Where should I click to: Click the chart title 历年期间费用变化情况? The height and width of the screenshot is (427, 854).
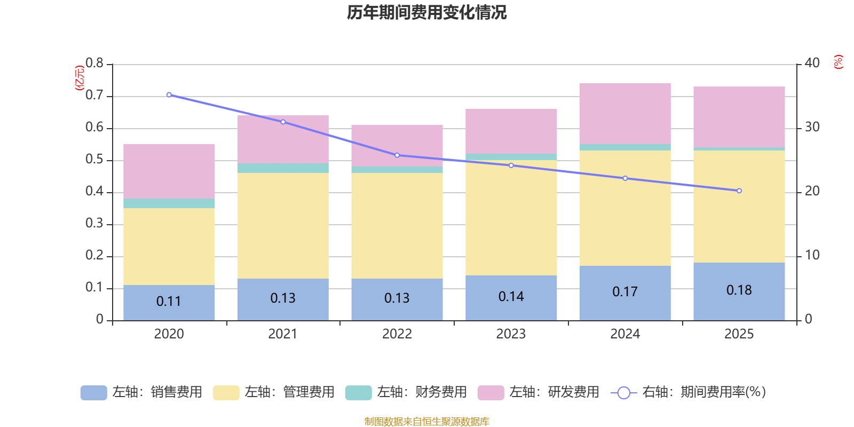click(x=426, y=12)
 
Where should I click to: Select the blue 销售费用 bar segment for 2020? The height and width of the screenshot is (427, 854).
click(x=169, y=302)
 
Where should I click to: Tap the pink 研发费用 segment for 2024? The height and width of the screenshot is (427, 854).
click(x=624, y=113)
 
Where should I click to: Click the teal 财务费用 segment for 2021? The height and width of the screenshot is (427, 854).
click(x=282, y=168)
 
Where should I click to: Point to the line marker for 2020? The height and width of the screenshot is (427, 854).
click(x=169, y=94)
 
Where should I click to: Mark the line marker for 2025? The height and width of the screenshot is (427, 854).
click(x=739, y=191)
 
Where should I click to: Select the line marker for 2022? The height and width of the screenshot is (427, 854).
click(x=397, y=155)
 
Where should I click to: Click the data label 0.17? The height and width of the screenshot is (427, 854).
click(x=624, y=292)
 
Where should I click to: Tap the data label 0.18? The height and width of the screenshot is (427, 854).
click(x=739, y=290)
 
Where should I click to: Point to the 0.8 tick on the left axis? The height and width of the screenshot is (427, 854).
click(x=94, y=64)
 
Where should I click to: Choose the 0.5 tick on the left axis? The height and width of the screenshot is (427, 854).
click(x=94, y=160)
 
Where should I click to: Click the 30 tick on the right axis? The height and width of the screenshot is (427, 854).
click(x=812, y=127)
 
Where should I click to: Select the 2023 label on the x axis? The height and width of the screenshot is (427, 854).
click(x=511, y=334)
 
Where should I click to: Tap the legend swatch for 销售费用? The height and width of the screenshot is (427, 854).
click(x=93, y=392)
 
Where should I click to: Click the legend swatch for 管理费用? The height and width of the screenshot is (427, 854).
click(x=226, y=392)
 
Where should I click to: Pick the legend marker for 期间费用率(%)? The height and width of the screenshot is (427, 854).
click(x=623, y=393)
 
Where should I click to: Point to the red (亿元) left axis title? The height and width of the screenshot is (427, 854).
click(x=80, y=78)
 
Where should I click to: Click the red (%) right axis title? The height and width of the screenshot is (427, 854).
click(x=838, y=62)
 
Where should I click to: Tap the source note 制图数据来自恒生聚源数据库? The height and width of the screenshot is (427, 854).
click(x=426, y=421)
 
